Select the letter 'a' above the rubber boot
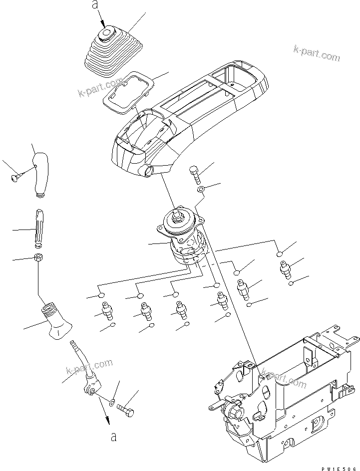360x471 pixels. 93,5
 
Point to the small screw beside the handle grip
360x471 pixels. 15,175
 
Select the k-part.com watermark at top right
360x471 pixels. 317,53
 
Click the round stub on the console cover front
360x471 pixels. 148,172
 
